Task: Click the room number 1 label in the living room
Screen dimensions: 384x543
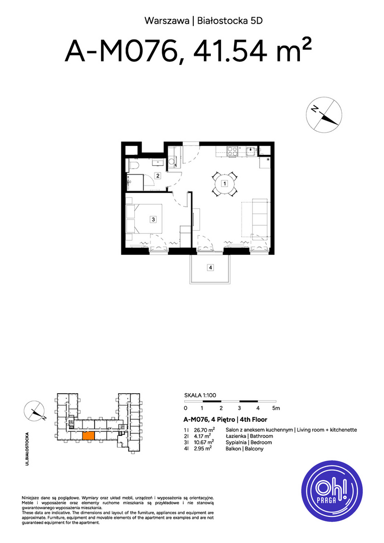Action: [224, 183]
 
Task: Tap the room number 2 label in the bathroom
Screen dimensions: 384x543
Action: [158, 175]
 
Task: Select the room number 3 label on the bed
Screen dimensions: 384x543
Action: [153, 219]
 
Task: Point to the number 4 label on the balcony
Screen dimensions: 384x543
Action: [210, 267]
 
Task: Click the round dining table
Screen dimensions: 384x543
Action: [224, 184]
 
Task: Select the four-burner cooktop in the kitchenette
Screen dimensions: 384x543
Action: [233, 151]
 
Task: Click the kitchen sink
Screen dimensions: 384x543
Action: [251, 151]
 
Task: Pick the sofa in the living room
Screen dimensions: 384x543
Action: [260, 218]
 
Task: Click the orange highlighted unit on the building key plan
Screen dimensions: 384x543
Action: [89, 436]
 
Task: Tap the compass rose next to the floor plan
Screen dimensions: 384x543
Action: [324, 115]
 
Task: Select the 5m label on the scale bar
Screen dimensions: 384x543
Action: [276, 408]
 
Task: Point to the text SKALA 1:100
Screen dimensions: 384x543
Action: [200, 395]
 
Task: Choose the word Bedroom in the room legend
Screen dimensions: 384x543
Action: [261, 442]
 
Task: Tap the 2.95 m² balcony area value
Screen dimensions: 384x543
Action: [203, 448]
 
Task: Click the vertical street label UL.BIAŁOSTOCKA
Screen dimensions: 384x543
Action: [27, 448]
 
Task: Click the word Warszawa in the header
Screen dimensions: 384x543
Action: [167, 21]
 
